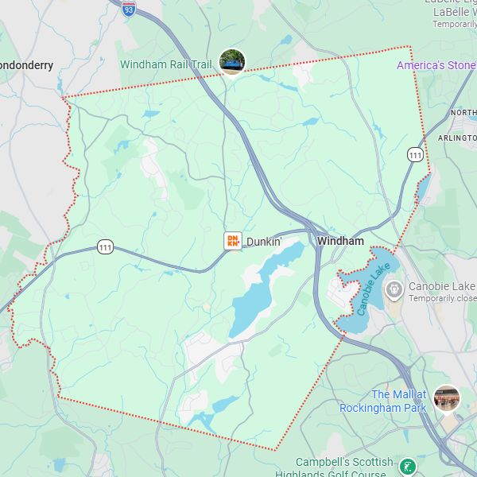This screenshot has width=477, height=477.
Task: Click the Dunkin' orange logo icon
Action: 233,240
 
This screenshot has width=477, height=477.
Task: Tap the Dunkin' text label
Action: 264,241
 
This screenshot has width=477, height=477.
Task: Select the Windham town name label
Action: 340,241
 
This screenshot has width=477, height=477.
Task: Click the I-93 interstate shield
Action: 129,8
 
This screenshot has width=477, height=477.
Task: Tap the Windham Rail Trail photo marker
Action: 232,61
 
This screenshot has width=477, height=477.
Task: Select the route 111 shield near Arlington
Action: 415,155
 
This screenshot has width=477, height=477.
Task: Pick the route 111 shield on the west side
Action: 106,247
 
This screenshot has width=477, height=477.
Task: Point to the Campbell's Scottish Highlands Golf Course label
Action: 344,468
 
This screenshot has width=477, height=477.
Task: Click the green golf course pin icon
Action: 407,467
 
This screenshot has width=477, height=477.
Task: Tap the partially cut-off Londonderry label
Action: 26,65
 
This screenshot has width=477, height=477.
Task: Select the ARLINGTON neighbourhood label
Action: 456,138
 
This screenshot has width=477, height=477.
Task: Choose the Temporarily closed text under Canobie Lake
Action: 442,298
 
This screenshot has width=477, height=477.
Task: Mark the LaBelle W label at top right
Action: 454,13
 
